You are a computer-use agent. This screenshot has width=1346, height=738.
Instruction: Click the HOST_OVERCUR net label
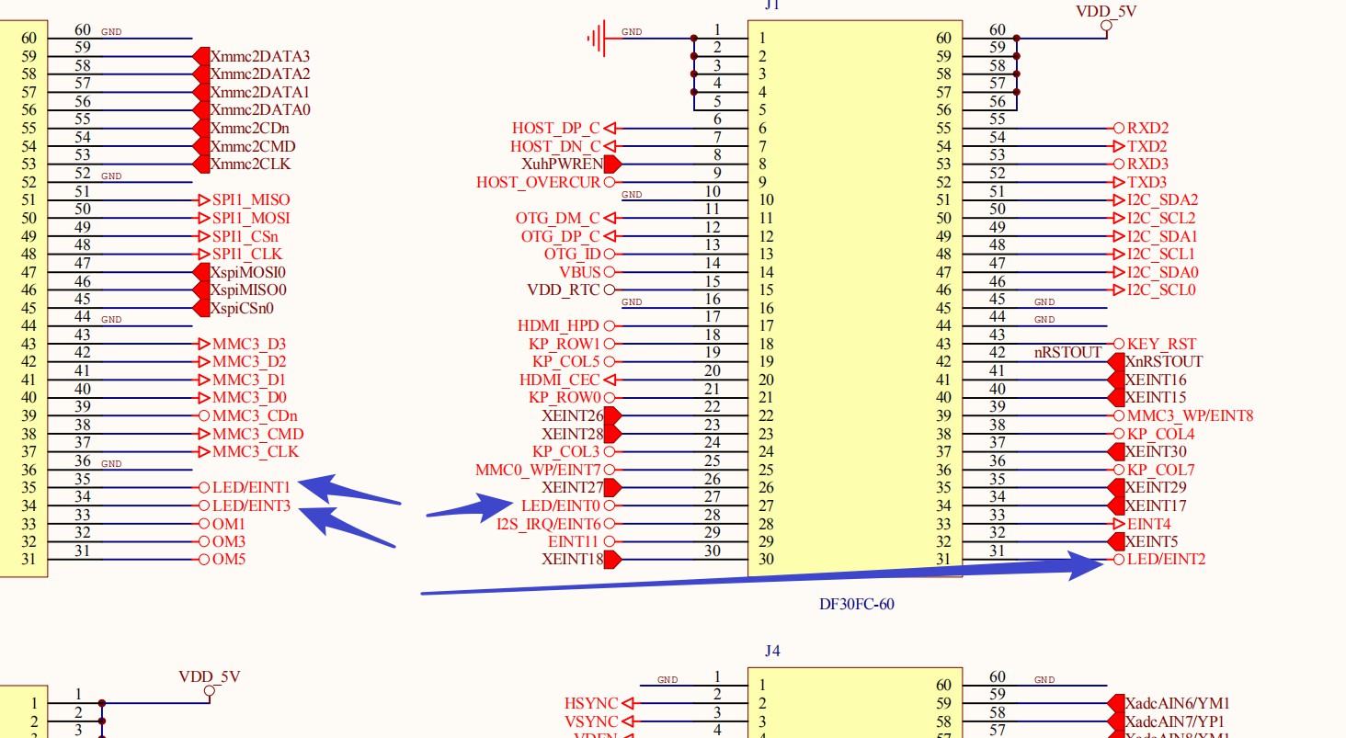point(538,182)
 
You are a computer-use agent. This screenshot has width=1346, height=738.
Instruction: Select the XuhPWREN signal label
point(562,164)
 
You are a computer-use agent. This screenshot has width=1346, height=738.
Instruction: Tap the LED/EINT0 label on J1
point(560,505)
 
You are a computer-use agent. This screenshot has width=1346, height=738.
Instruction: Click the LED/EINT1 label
point(251,487)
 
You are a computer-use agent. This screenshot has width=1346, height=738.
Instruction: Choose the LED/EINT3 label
point(251,505)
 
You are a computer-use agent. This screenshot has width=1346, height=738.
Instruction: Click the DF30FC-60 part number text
point(856,604)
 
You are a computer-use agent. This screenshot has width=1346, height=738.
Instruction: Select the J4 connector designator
point(772,651)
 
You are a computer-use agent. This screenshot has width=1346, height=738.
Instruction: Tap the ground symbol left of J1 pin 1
point(599,39)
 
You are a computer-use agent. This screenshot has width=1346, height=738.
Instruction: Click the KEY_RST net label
point(1161,344)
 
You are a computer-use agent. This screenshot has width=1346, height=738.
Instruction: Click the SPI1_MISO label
point(251,199)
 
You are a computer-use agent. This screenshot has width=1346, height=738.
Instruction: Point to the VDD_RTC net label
point(563,290)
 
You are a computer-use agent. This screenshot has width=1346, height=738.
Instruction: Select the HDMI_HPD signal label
point(559,325)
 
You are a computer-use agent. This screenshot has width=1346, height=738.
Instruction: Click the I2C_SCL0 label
point(1161,290)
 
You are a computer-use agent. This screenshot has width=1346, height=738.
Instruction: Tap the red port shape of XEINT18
point(612,559)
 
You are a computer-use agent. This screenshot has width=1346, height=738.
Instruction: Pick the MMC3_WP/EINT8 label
point(1190,415)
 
